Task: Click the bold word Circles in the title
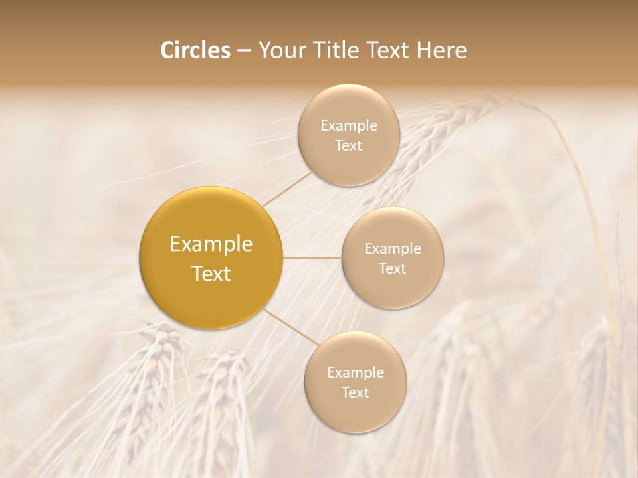(x=195, y=50)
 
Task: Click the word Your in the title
(x=280, y=50)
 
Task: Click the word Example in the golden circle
(x=211, y=244)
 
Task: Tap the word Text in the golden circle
(x=211, y=274)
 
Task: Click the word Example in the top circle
(x=348, y=126)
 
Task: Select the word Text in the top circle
(x=348, y=146)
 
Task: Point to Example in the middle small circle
(x=392, y=249)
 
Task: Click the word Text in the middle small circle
(x=392, y=269)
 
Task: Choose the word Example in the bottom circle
(x=355, y=373)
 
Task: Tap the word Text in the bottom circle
(x=355, y=393)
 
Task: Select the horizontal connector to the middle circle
(x=312, y=258)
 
